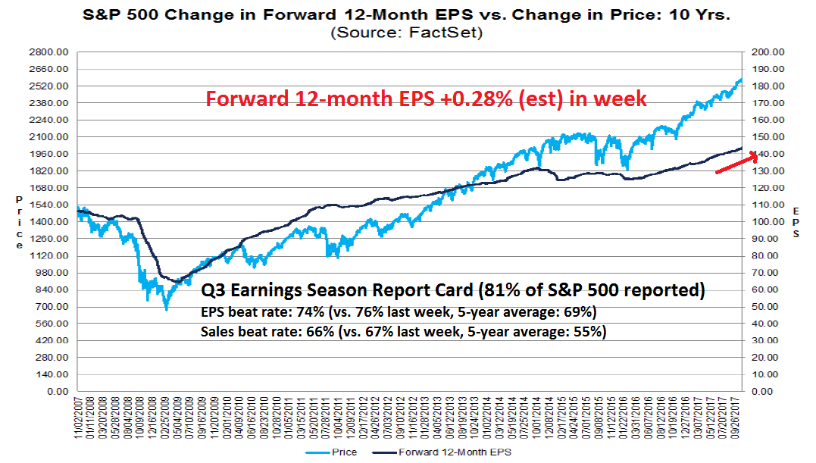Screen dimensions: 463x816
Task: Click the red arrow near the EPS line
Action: coord(736,163)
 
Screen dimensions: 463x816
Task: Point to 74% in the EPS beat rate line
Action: coord(291,311)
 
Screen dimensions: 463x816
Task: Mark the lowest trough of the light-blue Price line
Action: coord(166,308)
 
